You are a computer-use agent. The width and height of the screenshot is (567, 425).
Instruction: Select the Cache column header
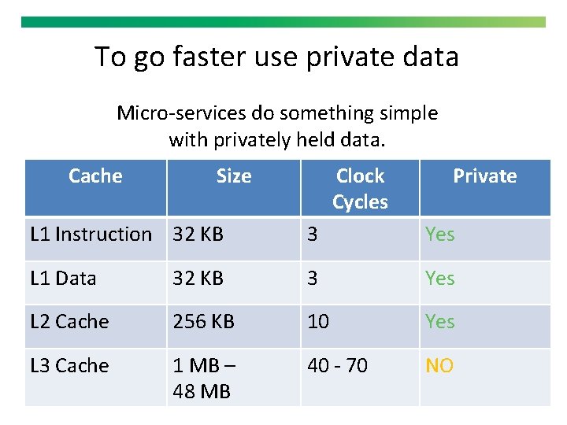[95, 176]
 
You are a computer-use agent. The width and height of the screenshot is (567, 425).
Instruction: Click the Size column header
[234, 176]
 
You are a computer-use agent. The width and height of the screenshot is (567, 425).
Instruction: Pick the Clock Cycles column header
[360, 189]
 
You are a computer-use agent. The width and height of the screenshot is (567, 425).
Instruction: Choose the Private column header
[484, 176]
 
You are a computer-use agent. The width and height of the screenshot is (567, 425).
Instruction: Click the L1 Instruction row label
[91, 235]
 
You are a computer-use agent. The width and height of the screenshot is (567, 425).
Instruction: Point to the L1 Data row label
[63, 279]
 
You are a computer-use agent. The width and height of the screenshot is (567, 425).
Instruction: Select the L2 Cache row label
[69, 322]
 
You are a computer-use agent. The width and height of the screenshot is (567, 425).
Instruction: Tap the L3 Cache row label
[69, 366]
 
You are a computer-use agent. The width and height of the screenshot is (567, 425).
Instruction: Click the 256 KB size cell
[203, 322]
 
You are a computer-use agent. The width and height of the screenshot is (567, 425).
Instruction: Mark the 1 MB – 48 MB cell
[203, 379]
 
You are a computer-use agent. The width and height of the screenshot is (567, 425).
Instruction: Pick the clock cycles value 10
[318, 322]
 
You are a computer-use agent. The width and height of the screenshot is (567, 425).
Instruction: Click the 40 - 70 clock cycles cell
[337, 366]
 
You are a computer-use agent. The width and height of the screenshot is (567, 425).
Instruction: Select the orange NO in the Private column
[439, 366]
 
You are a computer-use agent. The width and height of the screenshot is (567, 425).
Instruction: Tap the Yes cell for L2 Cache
[439, 322]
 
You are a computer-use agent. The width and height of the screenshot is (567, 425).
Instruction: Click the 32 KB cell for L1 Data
[198, 279]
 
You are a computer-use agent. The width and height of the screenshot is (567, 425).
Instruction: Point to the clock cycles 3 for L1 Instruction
[312, 235]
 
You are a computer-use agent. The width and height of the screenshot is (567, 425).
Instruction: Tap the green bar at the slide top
[283, 23]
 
